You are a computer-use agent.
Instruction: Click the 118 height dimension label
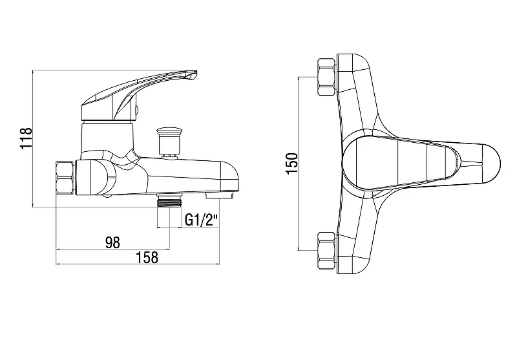[x=26, y=138]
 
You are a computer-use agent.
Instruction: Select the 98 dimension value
[x=112, y=242]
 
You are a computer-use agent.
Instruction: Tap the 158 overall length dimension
[x=147, y=257]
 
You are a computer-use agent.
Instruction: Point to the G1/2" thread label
[x=202, y=220]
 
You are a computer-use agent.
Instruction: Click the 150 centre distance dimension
[x=292, y=164]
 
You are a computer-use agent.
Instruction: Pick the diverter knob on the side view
[x=169, y=141]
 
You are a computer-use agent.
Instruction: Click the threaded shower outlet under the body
[x=169, y=200]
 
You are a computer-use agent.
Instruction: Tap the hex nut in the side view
[x=65, y=177]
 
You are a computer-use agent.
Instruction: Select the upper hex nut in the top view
[x=327, y=78]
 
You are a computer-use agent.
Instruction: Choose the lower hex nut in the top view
[x=327, y=251]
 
